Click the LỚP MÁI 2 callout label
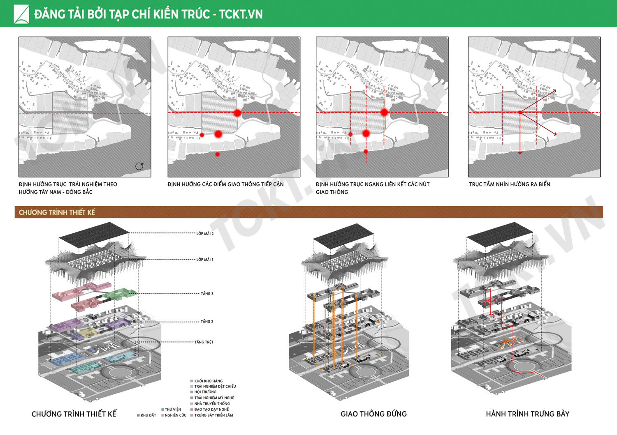click(205, 233)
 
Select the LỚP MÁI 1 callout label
click(205, 260)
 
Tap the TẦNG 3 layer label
click(207, 294)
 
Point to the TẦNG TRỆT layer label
click(204, 342)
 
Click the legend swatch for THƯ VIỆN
click(163, 410)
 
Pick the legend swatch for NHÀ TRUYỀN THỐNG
click(192, 404)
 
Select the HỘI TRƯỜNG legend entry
click(205, 392)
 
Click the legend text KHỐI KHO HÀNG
click(209, 381)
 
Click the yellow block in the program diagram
click(87, 332)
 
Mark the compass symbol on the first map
click(139, 166)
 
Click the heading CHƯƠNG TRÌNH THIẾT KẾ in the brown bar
click(57, 212)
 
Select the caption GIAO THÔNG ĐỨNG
click(373, 414)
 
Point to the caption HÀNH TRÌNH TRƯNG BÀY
click(527, 414)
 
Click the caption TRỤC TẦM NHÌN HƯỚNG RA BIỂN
click(509, 184)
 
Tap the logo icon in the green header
click(21, 14)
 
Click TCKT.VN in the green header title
click(241, 14)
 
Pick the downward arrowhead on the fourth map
click(520, 153)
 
